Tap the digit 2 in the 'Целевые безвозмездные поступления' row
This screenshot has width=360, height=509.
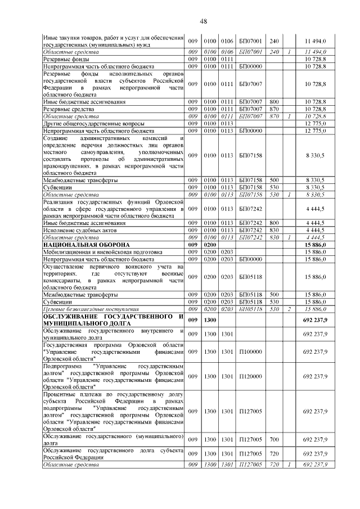click(289, 309)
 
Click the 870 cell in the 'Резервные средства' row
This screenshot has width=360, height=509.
click(274, 108)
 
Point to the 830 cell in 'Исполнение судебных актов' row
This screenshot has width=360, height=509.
click(274, 230)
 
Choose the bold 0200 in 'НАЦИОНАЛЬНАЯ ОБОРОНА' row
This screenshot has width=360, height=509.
click(211, 245)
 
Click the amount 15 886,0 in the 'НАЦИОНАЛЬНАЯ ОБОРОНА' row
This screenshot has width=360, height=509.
click(315, 245)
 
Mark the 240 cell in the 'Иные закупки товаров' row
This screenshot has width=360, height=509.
click(274, 41)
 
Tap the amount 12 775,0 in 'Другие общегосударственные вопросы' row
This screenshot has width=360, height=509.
click(315, 123)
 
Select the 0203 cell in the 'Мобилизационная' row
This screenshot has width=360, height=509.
click(227, 252)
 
